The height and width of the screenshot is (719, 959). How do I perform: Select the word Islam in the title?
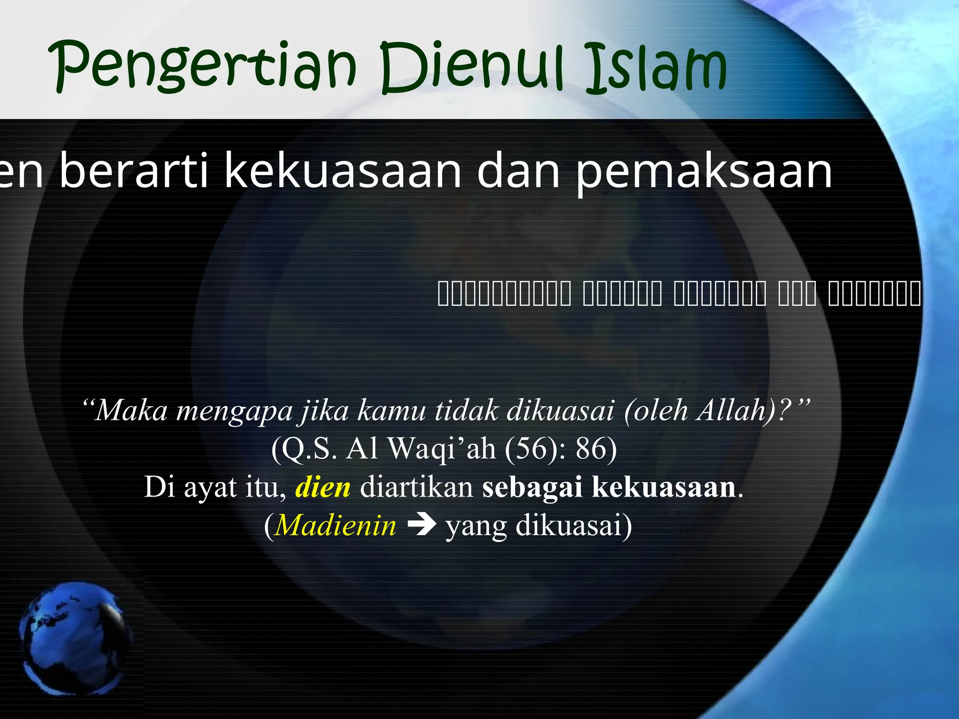coord(656,68)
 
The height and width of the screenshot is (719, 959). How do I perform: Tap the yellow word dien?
coord(323,487)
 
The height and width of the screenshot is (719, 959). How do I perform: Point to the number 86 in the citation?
coord(590,448)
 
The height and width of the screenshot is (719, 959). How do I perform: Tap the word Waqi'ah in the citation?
coord(442,448)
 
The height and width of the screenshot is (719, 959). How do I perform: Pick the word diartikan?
coord(416,487)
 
